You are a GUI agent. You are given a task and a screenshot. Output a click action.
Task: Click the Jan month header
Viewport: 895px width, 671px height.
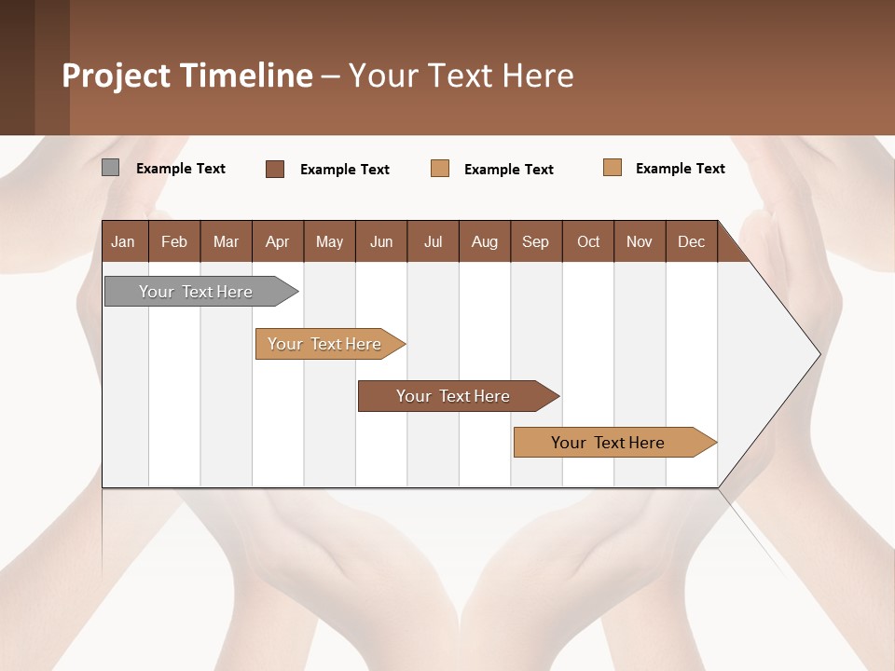point(123,241)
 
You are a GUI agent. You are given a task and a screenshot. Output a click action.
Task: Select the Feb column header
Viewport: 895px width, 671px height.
point(174,241)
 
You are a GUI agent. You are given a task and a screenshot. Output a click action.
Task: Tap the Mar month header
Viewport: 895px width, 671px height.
point(226,241)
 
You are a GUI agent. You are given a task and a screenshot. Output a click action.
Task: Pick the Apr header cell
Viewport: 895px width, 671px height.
point(277,241)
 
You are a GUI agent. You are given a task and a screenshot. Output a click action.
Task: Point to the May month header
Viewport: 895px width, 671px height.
point(329,241)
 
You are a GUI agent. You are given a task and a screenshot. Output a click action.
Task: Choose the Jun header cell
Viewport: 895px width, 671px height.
point(381,241)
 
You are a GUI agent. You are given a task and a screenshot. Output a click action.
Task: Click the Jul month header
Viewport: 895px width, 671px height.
point(433,241)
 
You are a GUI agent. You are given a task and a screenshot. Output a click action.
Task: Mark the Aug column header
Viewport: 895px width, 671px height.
point(484,241)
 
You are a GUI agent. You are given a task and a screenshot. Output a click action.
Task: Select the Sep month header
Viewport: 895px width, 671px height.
point(535,241)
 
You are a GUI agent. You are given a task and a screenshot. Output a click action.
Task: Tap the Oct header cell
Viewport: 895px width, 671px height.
point(588,241)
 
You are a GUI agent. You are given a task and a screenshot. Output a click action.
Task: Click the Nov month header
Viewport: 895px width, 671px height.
point(640,241)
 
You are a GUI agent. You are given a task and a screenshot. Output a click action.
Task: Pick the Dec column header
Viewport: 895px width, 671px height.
point(691,241)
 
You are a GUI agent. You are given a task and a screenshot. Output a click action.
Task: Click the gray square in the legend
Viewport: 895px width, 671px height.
point(110,168)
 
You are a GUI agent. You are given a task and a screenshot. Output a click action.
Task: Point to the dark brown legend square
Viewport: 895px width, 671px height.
point(275,169)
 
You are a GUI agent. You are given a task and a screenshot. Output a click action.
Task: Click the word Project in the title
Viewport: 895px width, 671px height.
point(117,75)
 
